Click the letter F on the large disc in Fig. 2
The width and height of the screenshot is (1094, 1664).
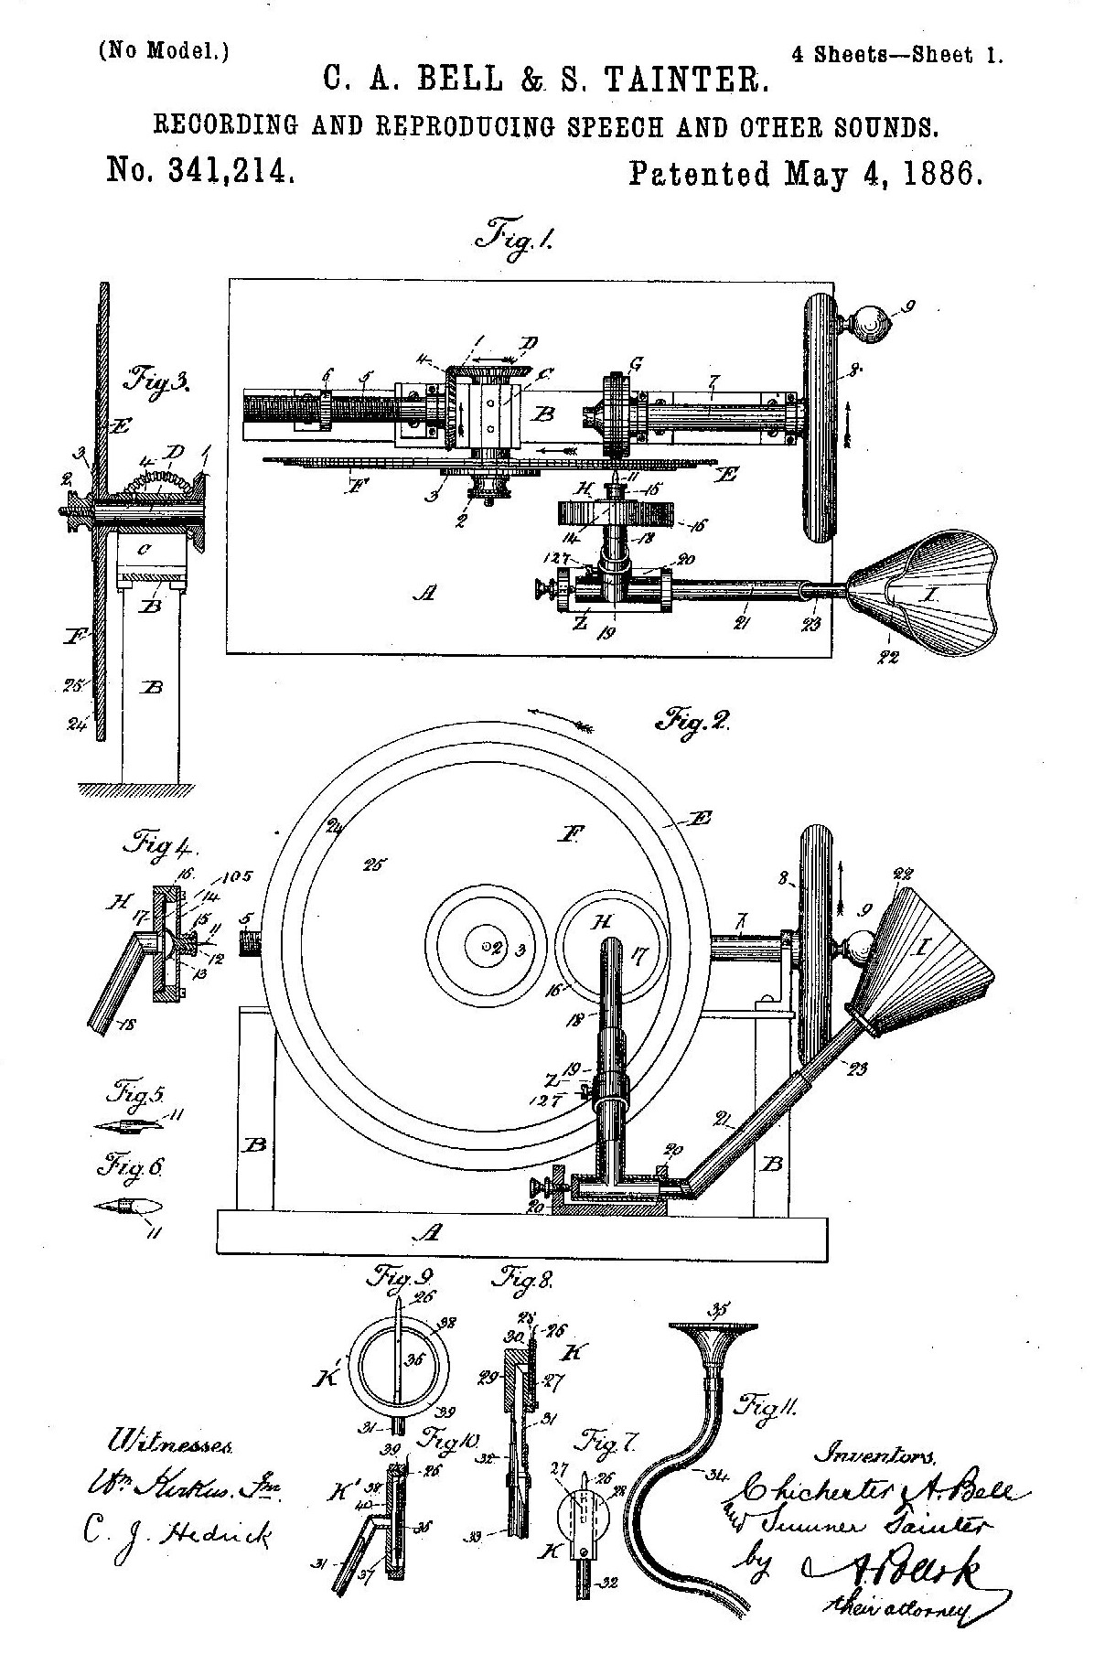click(573, 833)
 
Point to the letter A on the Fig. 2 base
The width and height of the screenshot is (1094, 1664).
click(429, 1233)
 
